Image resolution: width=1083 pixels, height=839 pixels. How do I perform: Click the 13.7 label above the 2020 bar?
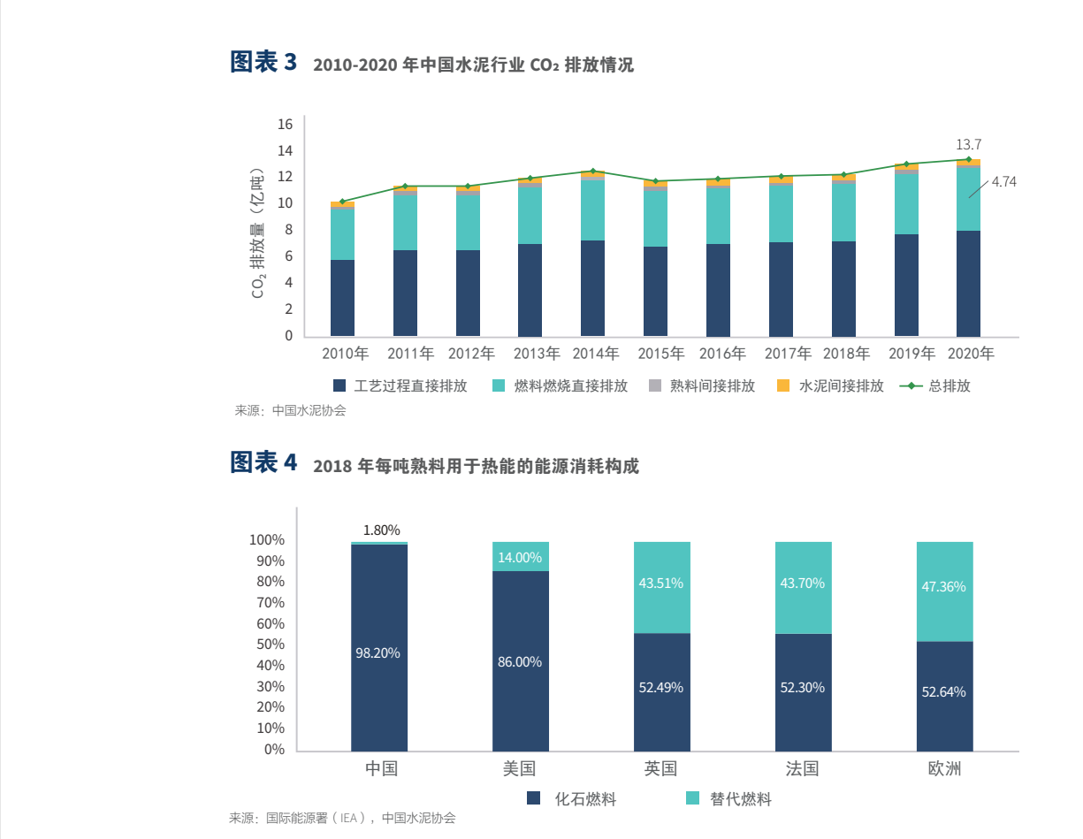point(969,144)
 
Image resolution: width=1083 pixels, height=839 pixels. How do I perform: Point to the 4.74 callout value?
point(1003,182)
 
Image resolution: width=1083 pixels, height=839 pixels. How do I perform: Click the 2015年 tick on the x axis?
point(661,354)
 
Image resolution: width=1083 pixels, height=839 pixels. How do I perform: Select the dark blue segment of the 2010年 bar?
point(342,298)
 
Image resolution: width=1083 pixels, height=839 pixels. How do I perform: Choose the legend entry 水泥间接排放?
point(831,386)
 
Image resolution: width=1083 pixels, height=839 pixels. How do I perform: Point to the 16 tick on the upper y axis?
point(285,124)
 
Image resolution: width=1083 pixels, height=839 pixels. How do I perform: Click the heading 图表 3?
point(263,63)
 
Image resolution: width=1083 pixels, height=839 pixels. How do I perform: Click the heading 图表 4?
point(263,463)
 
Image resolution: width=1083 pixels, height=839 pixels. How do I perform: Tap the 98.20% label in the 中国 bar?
point(378,653)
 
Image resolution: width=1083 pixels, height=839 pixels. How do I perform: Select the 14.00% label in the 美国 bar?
point(520,557)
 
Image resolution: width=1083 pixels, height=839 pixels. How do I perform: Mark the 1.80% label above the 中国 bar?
point(382,530)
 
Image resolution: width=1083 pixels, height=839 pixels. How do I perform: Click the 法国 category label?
point(803,769)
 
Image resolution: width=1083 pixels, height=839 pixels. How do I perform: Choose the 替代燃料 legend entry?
point(729,799)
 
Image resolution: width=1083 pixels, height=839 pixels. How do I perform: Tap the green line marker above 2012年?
point(468,187)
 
